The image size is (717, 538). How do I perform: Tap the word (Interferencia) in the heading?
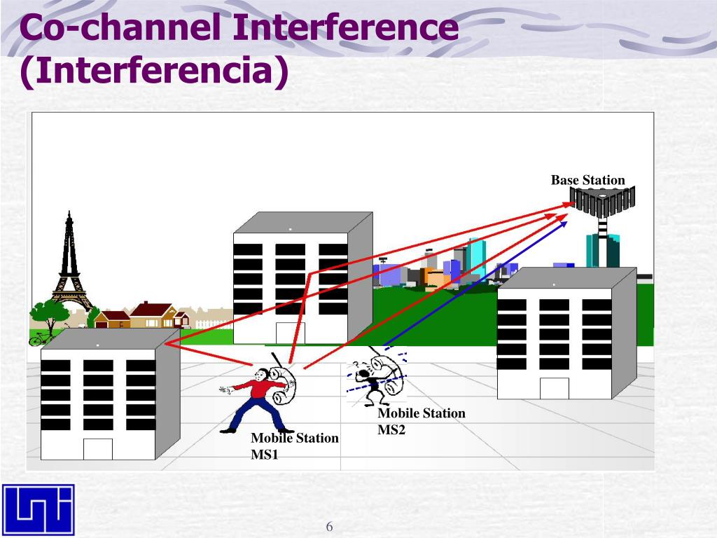pos(155,71)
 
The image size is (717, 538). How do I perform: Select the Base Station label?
pos(587,180)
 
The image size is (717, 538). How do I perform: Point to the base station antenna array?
pos(603,201)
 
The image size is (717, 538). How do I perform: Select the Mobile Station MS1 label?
pos(295,446)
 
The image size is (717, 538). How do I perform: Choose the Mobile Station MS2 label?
pos(421,421)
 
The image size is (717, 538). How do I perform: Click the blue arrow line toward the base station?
pos(475,284)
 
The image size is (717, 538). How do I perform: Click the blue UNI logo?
pos(39,509)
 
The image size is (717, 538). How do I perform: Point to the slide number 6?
pos(329,527)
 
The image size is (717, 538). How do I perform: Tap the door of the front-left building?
pos(98,449)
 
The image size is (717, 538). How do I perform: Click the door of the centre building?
pos(291,333)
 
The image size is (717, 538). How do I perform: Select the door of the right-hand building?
pos(555,388)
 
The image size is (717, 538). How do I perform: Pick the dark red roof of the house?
pos(151,309)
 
